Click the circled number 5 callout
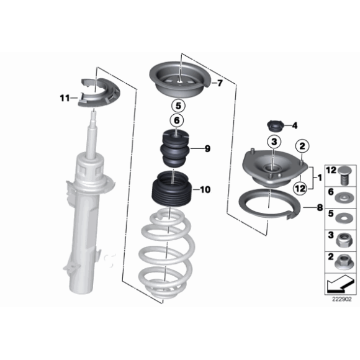pos(178,106)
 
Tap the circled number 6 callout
pos(177,120)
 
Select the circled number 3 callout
pos(274,142)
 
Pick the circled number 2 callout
pos(302,146)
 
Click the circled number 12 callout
pos(300,188)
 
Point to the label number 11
pos(65,98)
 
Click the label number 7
pos(220,83)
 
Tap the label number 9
pos(207,149)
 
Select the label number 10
pos(205,190)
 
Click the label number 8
pos(320,208)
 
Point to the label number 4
pos(295,125)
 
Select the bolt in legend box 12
pos(344,175)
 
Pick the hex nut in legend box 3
pos(343,240)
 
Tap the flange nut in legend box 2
pos(343,262)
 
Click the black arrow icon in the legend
pos(340,284)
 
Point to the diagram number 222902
pos(342,299)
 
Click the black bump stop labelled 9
pos(175,149)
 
